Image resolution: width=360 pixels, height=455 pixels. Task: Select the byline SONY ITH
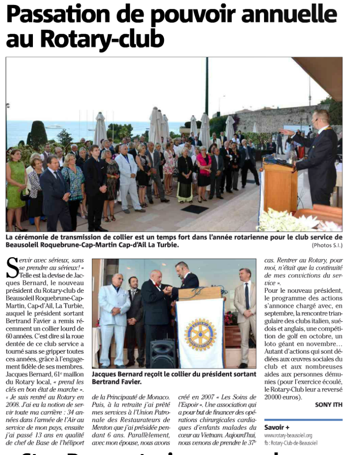(x=328, y=405)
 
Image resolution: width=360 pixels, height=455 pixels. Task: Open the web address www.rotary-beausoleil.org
(x=288, y=435)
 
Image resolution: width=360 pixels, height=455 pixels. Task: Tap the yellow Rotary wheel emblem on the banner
(x=200, y=334)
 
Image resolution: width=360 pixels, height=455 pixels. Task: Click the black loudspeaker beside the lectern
(x=162, y=353)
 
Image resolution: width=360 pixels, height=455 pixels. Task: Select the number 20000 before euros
(x=275, y=397)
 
